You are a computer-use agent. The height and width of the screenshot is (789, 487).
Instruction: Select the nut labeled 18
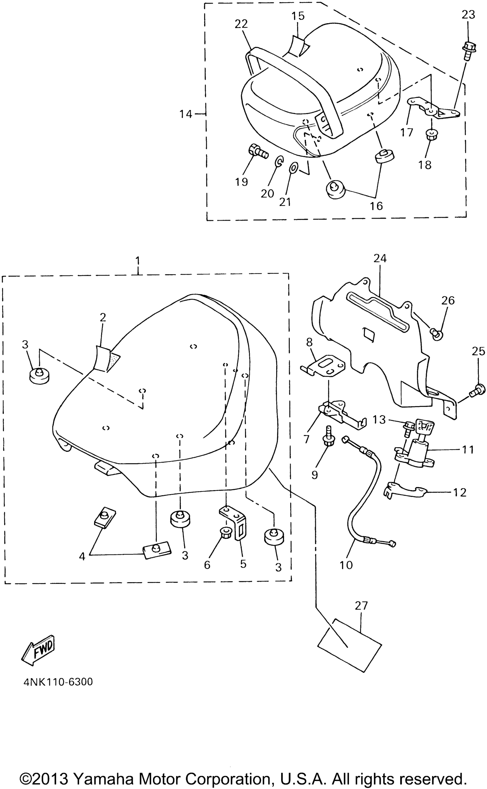[x=431, y=134]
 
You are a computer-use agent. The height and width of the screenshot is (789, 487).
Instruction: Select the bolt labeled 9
[x=329, y=436]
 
